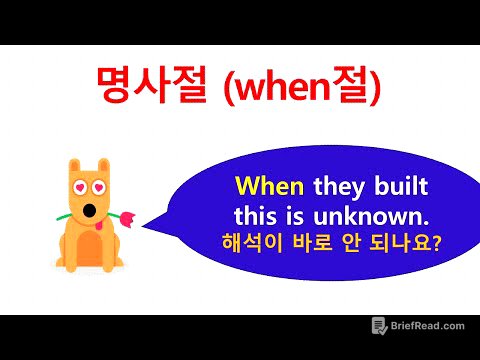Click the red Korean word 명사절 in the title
click(146, 89)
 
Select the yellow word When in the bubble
click(272, 188)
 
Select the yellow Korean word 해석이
click(263, 241)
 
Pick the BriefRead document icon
click(379, 326)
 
